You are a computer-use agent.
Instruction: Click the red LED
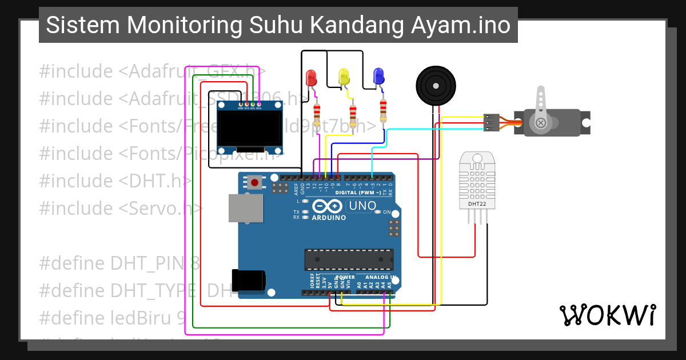click(x=311, y=78)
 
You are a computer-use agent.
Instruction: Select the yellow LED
click(x=344, y=76)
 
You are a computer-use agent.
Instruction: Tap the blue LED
click(x=378, y=76)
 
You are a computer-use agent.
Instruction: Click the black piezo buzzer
click(x=436, y=85)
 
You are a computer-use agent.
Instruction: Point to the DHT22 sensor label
click(x=477, y=203)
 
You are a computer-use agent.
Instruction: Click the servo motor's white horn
click(x=540, y=109)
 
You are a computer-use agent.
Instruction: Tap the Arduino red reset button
click(x=254, y=182)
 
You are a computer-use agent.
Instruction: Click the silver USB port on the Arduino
click(x=246, y=207)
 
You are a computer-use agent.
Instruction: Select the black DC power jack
click(x=249, y=280)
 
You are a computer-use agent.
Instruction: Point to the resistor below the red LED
click(x=317, y=114)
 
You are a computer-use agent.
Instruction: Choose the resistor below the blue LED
click(x=383, y=110)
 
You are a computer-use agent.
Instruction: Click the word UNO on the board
click(x=362, y=206)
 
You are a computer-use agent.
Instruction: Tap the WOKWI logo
click(x=607, y=315)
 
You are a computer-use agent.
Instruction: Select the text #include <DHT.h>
click(x=115, y=181)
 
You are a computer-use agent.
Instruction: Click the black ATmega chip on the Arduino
click(x=349, y=259)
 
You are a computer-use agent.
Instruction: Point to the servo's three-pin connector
click(x=490, y=122)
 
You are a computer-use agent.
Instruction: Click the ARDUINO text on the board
click(x=328, y=218)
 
